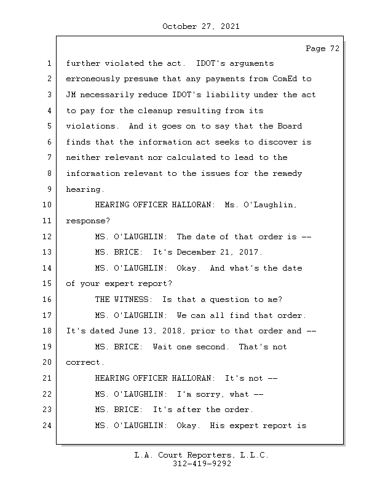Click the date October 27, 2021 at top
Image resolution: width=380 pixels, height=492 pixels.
pos(201,26)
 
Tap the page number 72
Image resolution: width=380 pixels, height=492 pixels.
pos(334,49)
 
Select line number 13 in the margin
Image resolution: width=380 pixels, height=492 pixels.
pos(47,252)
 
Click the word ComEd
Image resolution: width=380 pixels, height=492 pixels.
pos(285,79)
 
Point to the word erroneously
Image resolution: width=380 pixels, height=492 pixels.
pos(93,79)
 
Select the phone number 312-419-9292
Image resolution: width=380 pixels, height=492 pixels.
pos(202,464)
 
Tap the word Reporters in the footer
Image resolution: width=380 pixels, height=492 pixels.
pos(210,455)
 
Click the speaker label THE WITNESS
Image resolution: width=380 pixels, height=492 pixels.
pos(122,300)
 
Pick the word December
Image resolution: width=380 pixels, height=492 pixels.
pos(196,252)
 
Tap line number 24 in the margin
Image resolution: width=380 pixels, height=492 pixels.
pos(47,426)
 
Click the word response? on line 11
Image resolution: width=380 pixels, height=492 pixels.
pos(88,221)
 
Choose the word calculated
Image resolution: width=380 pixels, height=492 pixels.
pos(191,157)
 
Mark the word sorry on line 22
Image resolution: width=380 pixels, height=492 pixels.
pos(208,394)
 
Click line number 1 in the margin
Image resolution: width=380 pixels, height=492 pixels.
pos(49,63)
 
